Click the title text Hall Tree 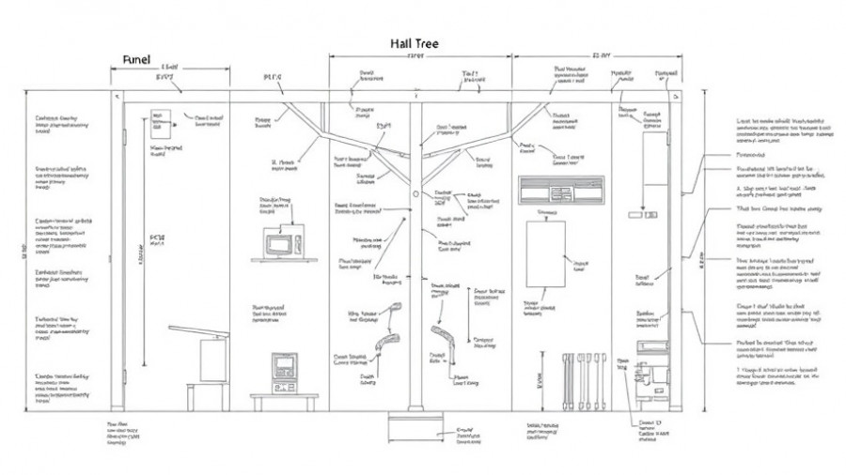[415, 43]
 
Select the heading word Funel [137, 59]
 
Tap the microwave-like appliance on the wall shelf [279, 245]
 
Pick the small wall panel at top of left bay [158, 120]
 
